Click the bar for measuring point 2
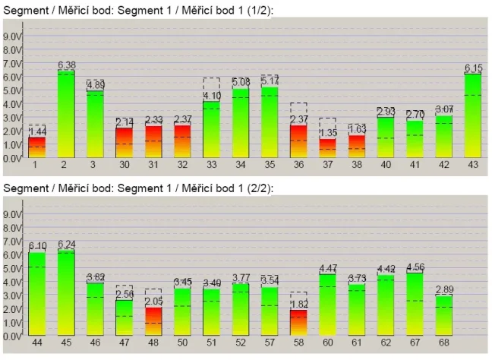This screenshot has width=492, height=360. [66, 114]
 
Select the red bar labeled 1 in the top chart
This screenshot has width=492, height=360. [36, 147]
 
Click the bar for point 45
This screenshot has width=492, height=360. [66, 292]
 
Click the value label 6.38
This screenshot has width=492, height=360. [66, 65]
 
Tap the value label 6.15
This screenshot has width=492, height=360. [473, 68]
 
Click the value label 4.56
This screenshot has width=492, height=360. [415, 267]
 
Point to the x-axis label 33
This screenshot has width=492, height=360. [211, 164]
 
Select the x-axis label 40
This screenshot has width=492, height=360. [386, 164]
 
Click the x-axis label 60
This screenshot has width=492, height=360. [328, 343]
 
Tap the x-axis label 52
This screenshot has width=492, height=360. [241, 343]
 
